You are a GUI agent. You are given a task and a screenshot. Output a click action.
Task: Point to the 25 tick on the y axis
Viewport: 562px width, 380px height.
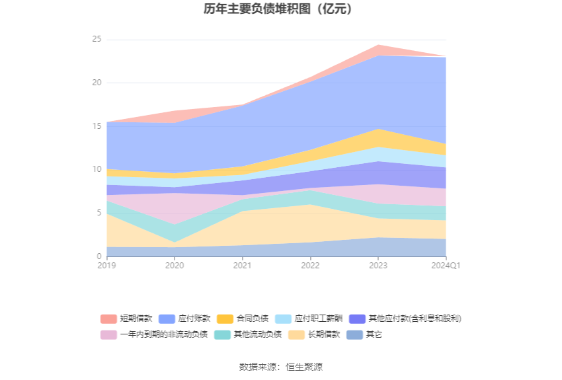pyautogui.click(x=97, y=40)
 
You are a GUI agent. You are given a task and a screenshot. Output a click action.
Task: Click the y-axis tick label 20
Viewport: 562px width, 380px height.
pyautogui.click(x=97, y=83)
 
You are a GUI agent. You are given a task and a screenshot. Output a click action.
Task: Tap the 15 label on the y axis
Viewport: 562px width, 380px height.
pyautogui.click(x=97, y=126)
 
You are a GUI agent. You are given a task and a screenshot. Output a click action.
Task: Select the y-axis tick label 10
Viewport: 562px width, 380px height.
pyautogui.click(x=97, y=170)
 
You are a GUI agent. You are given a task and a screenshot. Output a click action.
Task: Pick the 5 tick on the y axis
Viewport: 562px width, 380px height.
pyautogui.click(x=99, y=213)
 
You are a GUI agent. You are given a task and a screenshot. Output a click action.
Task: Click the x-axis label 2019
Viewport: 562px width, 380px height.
pyautogui.click(x=106, y=266)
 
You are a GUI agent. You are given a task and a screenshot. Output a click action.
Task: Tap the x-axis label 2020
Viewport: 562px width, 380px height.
pyautogui.click(x=175, y=266)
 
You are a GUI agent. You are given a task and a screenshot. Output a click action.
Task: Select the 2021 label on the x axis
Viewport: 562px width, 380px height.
pyautogui.click(x=242, y=266)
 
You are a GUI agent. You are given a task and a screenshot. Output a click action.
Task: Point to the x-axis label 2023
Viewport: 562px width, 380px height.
pyautogui.click(x=378, y=266)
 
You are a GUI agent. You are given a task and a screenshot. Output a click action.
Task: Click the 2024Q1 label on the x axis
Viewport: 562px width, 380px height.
pyautogui.click(x=446, y=266)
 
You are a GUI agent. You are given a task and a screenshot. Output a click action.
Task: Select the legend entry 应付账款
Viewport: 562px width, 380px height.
pyautogui.click(x=194, y=319)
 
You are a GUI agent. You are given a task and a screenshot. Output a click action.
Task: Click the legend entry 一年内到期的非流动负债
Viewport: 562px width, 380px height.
pyautogui.click(x=163, y=334)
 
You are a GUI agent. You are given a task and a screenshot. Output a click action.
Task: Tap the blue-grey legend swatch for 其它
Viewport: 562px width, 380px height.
pyautogui.click(x=354, y=334)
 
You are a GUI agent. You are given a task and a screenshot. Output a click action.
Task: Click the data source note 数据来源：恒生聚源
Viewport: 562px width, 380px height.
pyautogui.click(x=280, y=367)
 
